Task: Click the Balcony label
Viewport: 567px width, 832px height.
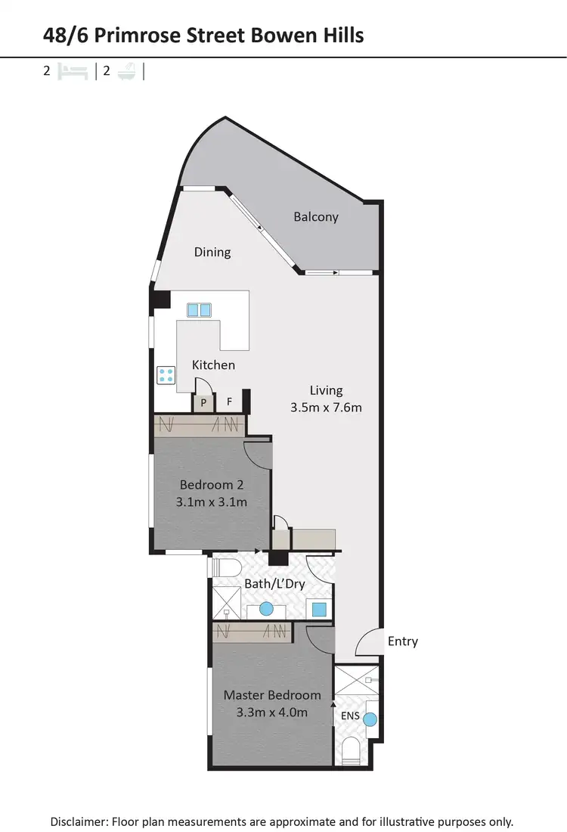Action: (316, 217)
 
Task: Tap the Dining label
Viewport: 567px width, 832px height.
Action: (212, 253)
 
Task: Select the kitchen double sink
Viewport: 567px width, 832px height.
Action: (199, 309)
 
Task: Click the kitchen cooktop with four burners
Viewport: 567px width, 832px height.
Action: (166, 376)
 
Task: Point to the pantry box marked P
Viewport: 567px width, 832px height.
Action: (203, 403)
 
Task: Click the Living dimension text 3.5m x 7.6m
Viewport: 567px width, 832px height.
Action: (327, 408)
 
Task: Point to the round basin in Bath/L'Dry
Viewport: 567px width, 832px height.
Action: (266, 608)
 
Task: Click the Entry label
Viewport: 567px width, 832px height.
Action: (403, 641)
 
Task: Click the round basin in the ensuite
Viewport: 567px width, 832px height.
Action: (370, 720)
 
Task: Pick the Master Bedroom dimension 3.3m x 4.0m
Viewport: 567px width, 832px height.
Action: (272, 712)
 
